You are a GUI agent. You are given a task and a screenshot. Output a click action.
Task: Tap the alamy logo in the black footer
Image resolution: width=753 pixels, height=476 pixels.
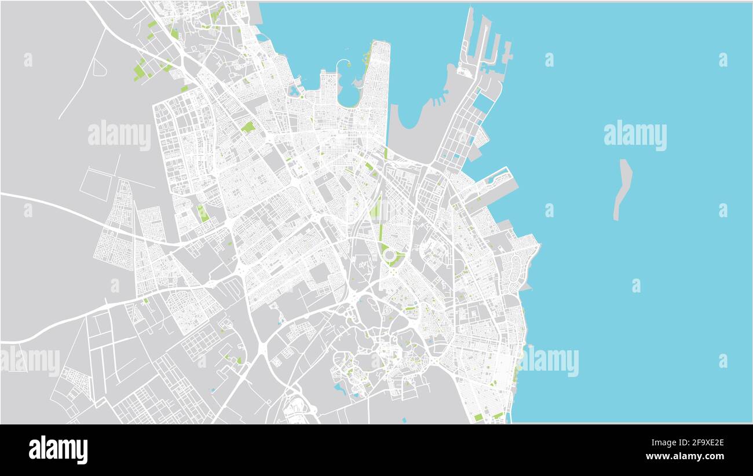(x=59, y=450)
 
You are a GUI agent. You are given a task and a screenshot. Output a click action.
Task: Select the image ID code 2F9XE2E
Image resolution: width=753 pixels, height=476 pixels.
(x=694, y=443)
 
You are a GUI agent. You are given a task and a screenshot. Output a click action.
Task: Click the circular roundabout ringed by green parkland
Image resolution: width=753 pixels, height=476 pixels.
(x=389, y=255)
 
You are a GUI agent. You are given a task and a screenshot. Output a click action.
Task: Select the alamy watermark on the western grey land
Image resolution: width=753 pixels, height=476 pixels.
(x=119, y=136)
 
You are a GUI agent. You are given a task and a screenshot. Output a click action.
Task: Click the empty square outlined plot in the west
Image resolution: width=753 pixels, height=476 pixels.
(x=96, y=184)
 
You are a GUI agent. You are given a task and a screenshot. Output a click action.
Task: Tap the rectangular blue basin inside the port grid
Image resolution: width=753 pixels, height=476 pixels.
(x=482, y=102)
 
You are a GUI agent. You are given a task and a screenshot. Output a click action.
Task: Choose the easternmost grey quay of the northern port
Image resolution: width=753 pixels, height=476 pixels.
(x=507, y=52)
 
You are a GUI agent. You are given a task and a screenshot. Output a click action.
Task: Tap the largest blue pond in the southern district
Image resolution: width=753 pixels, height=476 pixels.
(x=340, y=389)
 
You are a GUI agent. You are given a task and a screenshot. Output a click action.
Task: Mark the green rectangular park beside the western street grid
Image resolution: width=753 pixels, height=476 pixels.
(x=203, y=213)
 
